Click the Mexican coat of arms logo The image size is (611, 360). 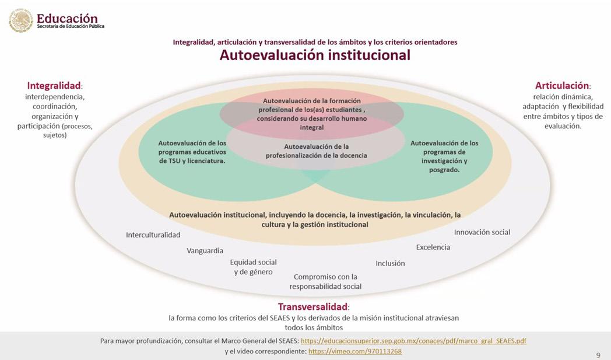coord(21,20)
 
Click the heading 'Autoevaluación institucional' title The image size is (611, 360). coord(315,55)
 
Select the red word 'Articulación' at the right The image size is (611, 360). coord(562,86)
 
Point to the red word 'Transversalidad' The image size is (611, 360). coord(312,307)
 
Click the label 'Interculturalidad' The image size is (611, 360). coord(153,235)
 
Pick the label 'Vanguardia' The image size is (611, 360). coord(205,250)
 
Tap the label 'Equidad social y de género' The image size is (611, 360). coord(253,267)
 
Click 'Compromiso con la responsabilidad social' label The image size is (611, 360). coord(325,281)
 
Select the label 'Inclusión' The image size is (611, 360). coord(390,263)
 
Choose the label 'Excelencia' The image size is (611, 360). coord(433,247)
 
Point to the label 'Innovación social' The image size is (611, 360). coord(482,232)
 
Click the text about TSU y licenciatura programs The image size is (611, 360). coord(192,152)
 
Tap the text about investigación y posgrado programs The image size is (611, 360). coord(444,156)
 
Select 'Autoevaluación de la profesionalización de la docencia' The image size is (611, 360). coord(316,151)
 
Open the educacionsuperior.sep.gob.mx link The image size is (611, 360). coord(413,341)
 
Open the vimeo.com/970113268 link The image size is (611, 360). coord(354,351)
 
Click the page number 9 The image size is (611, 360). coord(598,355)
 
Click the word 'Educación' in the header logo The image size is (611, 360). coord(67,18)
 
